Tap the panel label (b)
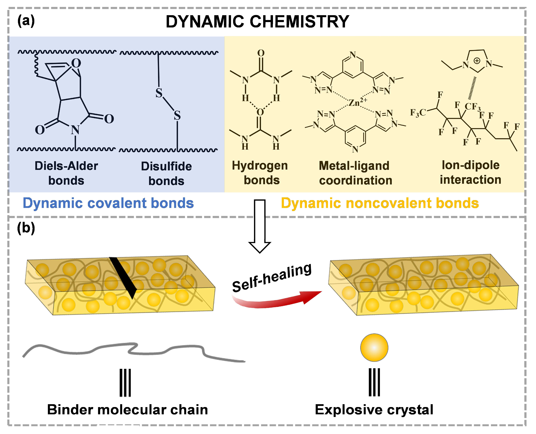click(26, 228)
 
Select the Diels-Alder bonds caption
click(66, 173)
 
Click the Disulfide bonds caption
click(166, 173)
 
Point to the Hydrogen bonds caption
click(260, 173)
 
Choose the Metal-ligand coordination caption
click(355, 173)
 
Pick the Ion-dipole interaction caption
click(471, 173)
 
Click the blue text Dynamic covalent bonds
click(108, 203)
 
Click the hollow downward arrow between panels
click(260, 226)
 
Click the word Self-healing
click(272, 277)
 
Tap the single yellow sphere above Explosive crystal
click(374, 347)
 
